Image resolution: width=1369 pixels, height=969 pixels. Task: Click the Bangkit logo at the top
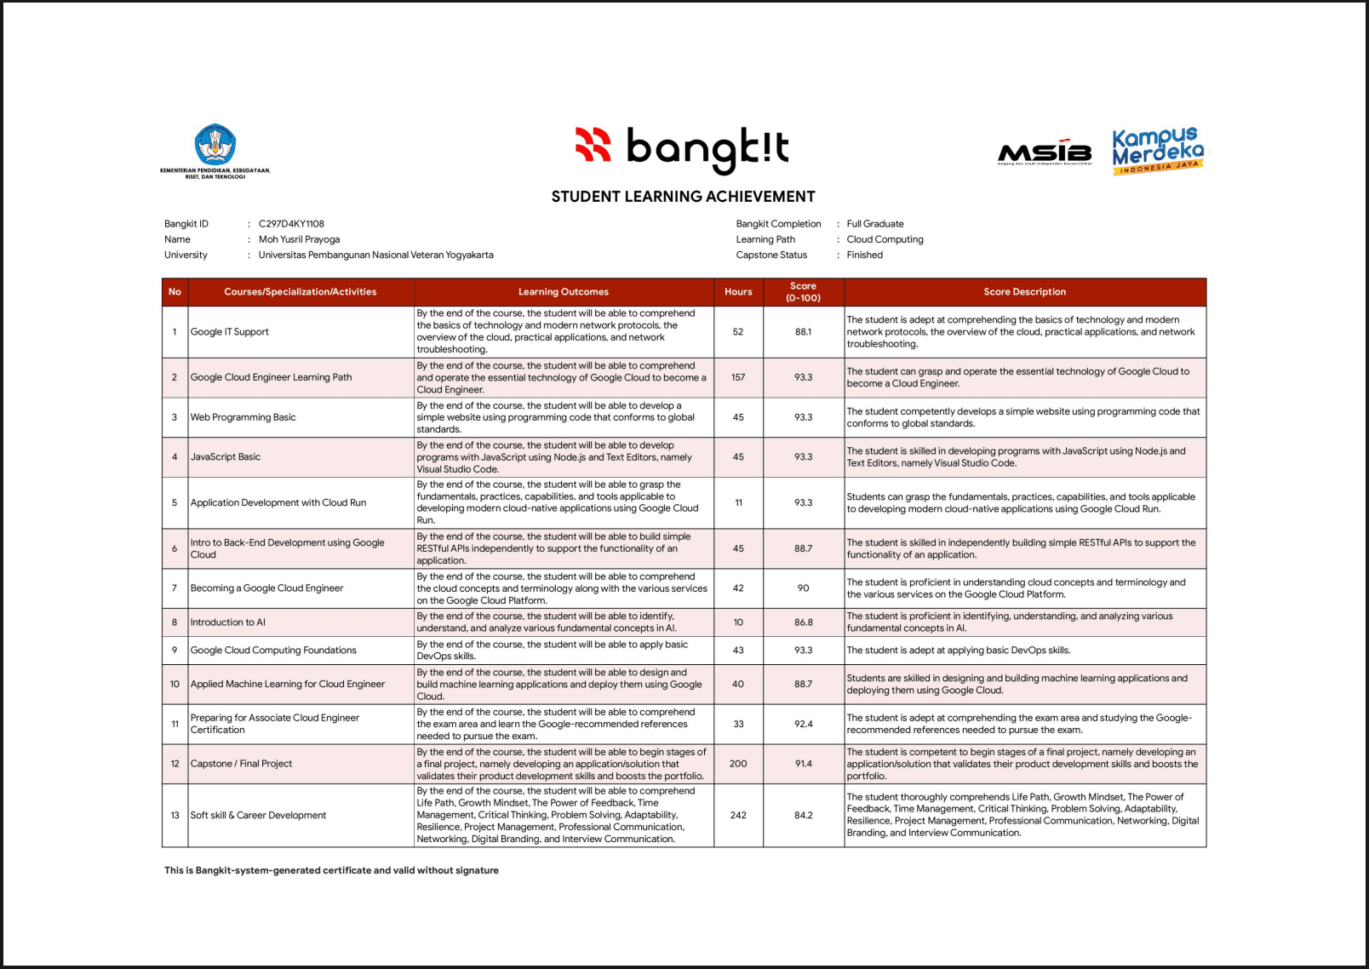point(682,147)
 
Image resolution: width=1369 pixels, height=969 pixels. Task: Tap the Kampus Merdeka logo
point(1158,151)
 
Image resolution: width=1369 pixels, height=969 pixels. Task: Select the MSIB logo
point(1045,152)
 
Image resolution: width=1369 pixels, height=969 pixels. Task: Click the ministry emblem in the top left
point(215,150)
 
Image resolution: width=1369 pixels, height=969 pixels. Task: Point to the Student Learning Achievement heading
point(683,197)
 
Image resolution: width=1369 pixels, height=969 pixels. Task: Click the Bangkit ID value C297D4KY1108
point(291,224)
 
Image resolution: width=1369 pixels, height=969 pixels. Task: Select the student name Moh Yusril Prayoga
point(299,239)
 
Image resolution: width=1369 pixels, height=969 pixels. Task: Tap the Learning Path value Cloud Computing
point(885,239)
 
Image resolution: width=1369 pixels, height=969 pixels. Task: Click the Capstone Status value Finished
point(864,255)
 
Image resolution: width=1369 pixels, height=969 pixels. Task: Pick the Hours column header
point(738,292)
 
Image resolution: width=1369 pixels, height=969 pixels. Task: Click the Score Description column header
point(1024,292)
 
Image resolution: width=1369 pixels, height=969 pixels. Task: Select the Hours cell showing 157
point(738,377)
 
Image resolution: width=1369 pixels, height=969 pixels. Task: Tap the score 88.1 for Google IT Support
point(803,332)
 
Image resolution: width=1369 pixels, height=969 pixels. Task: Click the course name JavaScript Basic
point(226,457)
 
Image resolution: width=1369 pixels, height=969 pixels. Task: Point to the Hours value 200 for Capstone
point(738,764)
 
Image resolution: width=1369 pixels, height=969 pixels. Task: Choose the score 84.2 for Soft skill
point(803,816)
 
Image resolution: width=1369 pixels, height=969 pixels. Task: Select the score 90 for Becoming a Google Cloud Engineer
point(803,588)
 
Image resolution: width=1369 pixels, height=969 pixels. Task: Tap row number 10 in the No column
point(175,685)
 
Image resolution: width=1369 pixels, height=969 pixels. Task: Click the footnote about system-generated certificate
point(331,870)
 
